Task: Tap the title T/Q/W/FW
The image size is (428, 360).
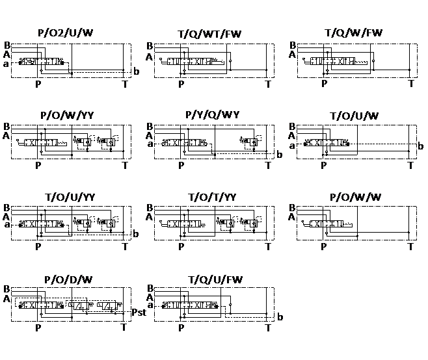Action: tap(354, 32)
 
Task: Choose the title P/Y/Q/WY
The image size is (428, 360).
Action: tap(212, 115)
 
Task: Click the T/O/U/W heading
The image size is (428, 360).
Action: tap(354, 116)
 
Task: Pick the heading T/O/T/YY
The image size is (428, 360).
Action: tap(212, 196)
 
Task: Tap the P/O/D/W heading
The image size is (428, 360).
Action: tap(68, 279)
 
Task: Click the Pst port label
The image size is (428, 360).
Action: tap(139, 312)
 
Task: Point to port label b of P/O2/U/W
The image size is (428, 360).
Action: tap(136, 71)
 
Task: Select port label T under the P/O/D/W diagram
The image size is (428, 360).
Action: tap(124, 327)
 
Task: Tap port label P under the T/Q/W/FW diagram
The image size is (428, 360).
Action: tap(324, 83)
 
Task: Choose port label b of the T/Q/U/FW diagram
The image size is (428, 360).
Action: tap(280, 317)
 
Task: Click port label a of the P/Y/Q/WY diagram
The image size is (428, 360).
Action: tap(150, 144)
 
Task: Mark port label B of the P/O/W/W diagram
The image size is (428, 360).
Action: tap(292, 208)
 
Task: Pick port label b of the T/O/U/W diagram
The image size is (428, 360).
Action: tap(420, 146)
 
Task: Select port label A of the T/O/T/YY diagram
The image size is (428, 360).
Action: tap(150, 216)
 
